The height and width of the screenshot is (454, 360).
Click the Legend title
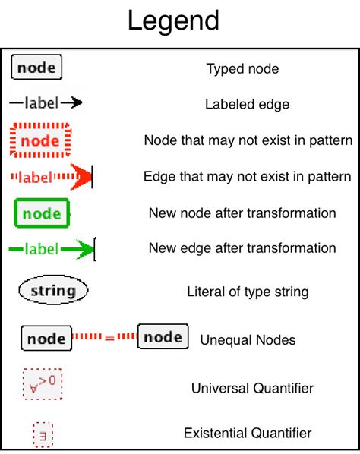(x=173, y=20)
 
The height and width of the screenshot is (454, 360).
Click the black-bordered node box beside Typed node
(x=36, y=68)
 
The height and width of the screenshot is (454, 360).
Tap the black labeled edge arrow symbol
(x=46, y=102)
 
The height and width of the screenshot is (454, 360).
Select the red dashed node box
(x=40, y=140)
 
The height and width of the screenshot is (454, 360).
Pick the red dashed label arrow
(x=52, y=177)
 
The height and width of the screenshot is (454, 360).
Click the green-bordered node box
(x=42, y=213)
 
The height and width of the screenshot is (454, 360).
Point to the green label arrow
(x=52, y=248)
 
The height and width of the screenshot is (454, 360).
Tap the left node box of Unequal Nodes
(x=46, y=339)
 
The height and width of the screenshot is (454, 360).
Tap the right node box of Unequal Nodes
(x=163, y=336)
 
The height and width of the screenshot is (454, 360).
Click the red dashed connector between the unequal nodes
(x=105, y=337)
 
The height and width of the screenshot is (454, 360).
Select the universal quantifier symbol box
(x=43, y=385)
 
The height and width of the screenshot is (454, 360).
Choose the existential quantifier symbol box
(x=42, y=434)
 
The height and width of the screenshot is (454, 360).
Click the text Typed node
(x=242, y=69)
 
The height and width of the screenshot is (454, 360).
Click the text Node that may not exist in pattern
(x=248, y=140)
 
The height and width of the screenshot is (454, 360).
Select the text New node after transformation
(x=242, y=213)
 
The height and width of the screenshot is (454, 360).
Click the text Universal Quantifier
(x=252, y=389)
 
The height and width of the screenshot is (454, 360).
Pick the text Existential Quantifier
(x=248, y=433)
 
